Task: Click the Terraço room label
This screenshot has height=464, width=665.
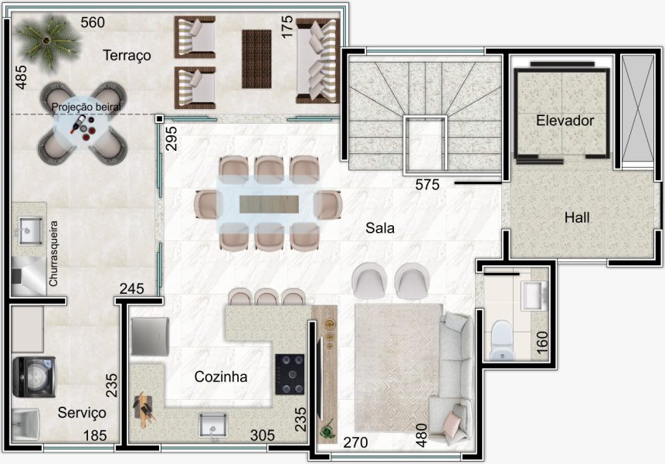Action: [x=127, y=56]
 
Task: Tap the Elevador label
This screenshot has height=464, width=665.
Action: [x=565, y=121]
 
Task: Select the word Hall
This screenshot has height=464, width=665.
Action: [x=577, y=218]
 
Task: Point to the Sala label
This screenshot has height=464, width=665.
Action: [x=380, y=228]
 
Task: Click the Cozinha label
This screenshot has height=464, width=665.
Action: [x=221, y=377]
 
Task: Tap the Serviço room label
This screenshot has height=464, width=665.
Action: [x=82, y=413]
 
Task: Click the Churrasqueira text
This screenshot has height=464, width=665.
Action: [x=53, y=254]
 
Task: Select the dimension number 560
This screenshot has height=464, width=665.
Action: [x=93, y=22]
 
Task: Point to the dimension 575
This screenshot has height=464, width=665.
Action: [x=427, y=185]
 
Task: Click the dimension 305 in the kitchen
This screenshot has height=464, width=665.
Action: [x=262, y=435]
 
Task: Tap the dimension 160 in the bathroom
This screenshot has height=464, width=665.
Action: [x=542, y=342]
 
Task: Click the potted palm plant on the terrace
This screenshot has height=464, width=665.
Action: [x=48, y=43]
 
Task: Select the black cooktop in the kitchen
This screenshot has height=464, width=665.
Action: [x=290, y=374]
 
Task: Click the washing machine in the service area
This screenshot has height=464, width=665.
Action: [x=34, y=377]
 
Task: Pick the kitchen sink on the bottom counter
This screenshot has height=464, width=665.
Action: [x=213, y=425]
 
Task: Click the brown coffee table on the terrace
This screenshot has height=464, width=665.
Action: [x=256, y=59]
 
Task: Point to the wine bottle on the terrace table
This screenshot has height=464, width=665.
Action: [x=77, y=124]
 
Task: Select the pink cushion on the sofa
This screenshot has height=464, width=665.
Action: [x=452, y=425]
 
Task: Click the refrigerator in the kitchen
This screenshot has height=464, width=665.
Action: [x=150, y=336]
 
